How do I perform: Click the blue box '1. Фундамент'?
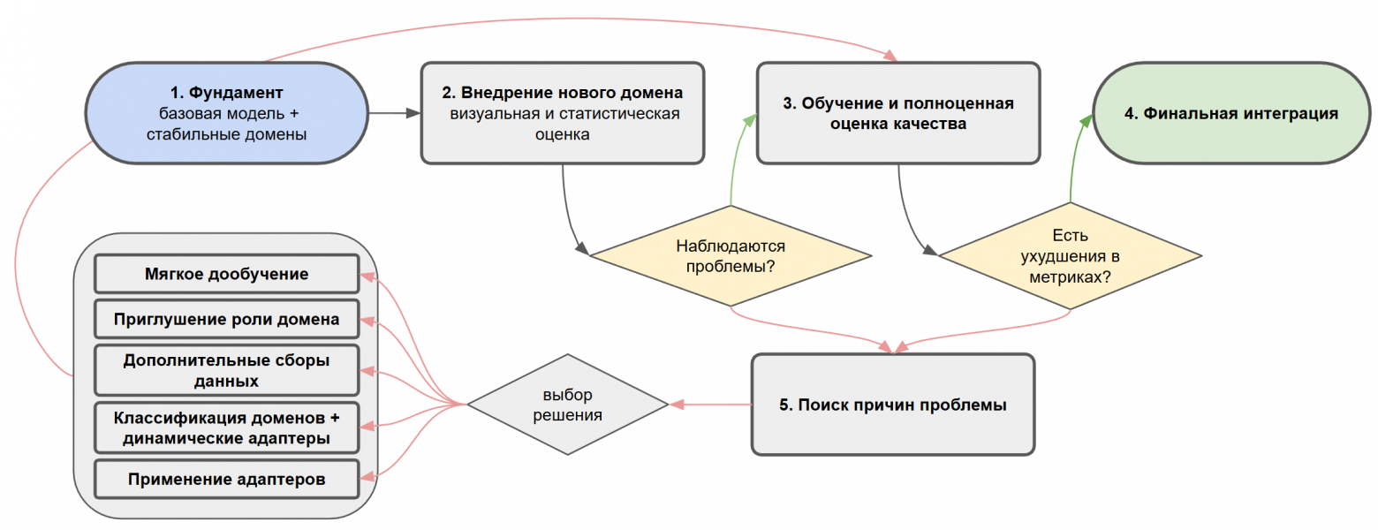(x=226, y=113)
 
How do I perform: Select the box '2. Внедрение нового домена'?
(x=562, y=113)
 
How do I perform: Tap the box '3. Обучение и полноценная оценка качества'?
(x=898, y=113)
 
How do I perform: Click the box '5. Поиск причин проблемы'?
(x=892, y=405)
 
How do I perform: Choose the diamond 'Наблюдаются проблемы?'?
(x=731, y=256)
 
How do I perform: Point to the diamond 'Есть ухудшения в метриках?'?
(x=1071, y=256)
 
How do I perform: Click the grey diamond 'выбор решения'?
(x=568, y=405)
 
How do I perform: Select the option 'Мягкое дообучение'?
(x=226, y=274)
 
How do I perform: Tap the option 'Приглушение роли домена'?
(x=226, y=320)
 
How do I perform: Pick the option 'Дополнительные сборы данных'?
(x=226, y=371)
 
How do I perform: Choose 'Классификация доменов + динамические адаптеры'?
(x=226, y=428)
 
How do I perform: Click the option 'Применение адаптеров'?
(x=226, y=480)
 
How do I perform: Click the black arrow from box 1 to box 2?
(x=393, y=113)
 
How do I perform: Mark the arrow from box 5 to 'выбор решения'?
(x=710, y=405)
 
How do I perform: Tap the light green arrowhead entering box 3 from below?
(x=749, y=122)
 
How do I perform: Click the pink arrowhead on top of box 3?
(x=891, y=56)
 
